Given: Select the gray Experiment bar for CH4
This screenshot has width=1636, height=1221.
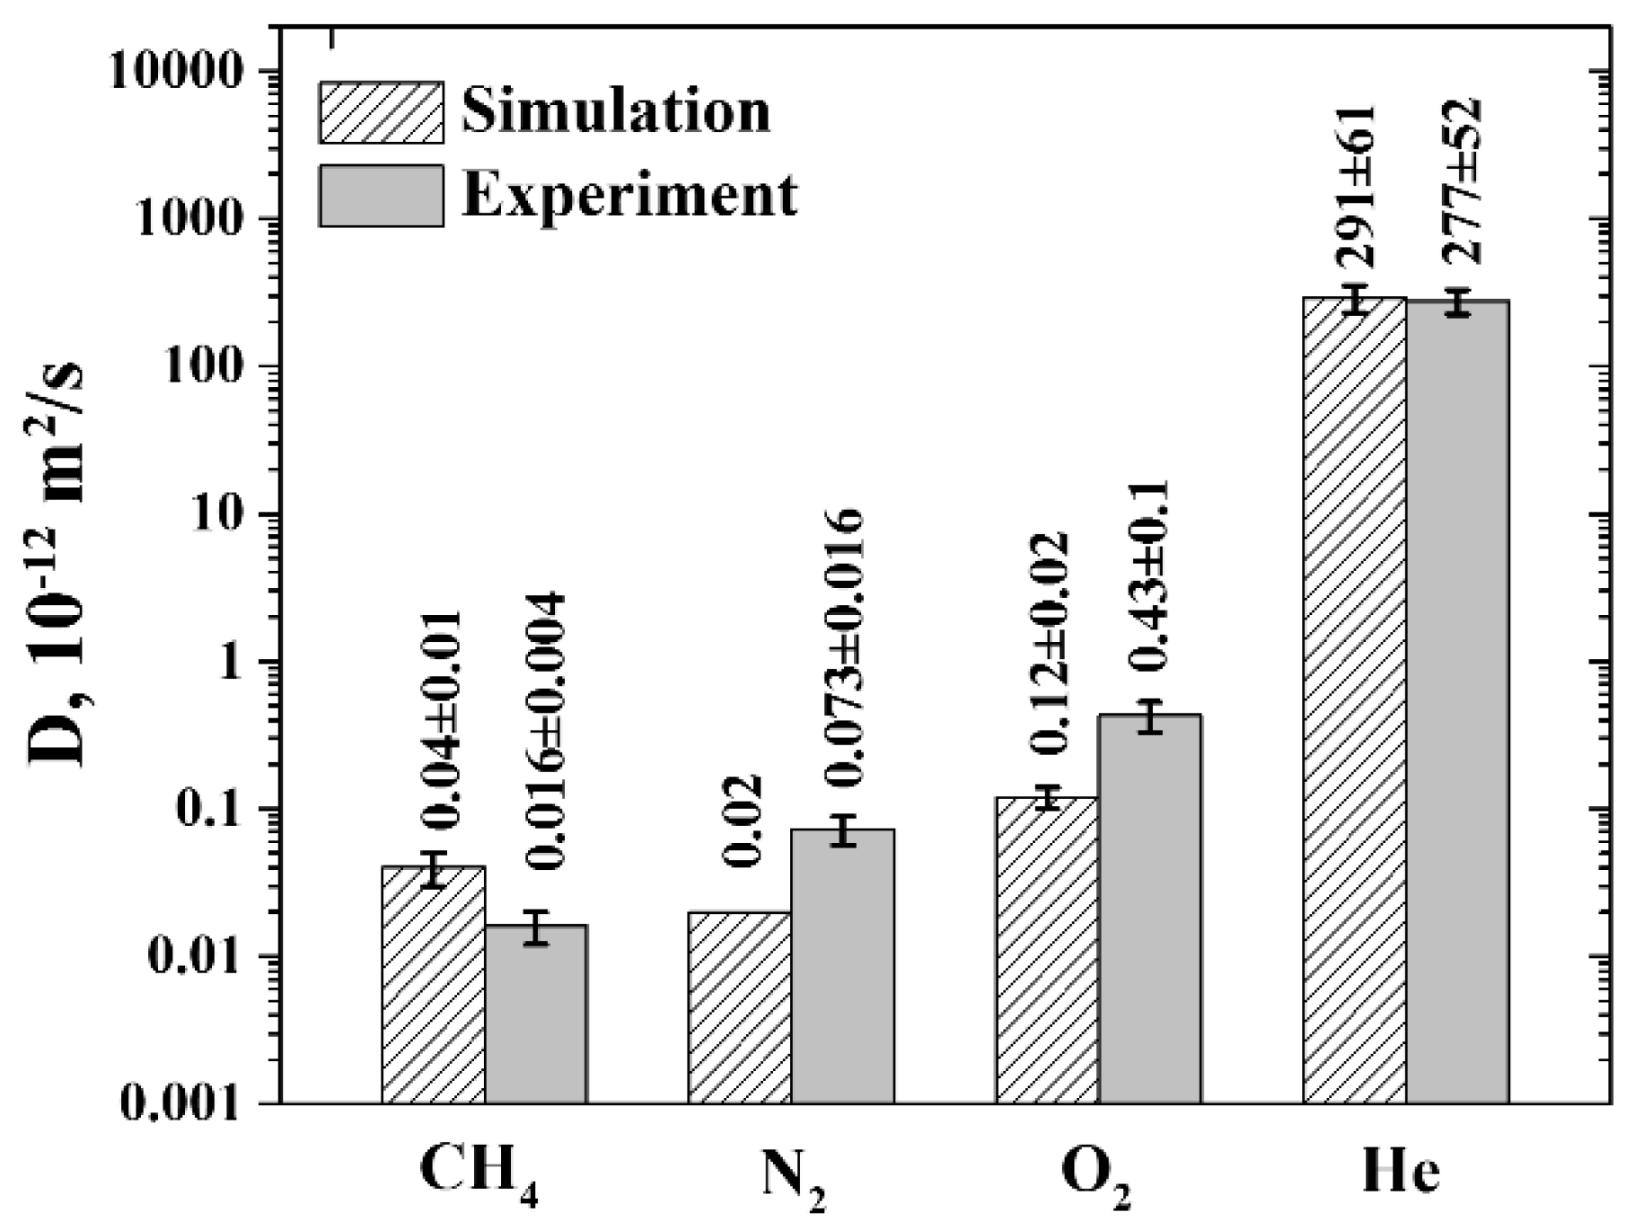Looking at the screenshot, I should tap(536, 1014).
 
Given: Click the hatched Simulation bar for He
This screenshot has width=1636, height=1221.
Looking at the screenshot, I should tap(1354, 700).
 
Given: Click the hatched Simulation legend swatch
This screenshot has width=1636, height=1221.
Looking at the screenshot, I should tap(381, 112).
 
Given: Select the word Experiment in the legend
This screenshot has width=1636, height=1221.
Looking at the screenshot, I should tap(629, 195).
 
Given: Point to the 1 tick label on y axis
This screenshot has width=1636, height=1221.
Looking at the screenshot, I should tap(228, 662).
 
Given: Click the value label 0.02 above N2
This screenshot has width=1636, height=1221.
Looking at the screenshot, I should tap(743, 821).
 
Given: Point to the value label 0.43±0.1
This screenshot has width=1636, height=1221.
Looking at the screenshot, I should tap(1148, 575).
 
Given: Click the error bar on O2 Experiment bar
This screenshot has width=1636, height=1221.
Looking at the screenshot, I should tap(1150, 716).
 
